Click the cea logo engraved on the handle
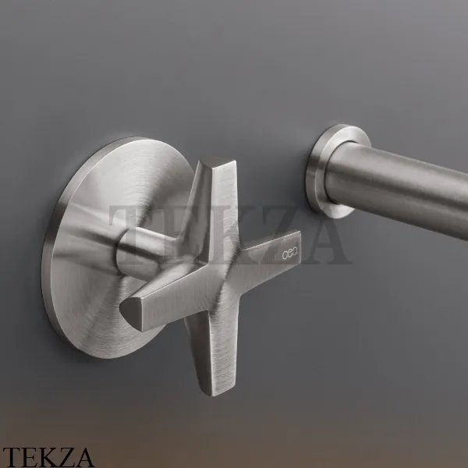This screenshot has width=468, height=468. tap(289, 254)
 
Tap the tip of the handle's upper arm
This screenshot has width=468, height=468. tap(218, 161)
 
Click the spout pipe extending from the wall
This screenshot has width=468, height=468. tap(397, 185)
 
